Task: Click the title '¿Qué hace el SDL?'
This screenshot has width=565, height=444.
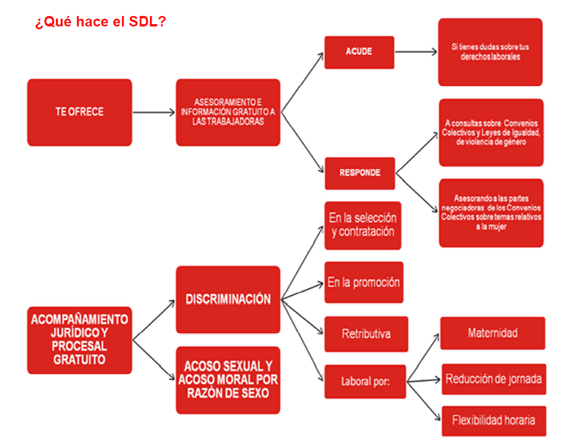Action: point(101,21)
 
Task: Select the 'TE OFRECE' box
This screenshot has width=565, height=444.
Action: point(79,112)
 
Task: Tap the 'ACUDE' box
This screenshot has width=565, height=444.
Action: point(359,52)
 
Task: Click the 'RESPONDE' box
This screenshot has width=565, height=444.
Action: point(360,173)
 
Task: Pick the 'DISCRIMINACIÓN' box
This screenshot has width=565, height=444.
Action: point(228,299)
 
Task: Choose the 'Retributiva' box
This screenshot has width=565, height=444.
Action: point(366,334)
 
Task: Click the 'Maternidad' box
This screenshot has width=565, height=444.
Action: point(492,333)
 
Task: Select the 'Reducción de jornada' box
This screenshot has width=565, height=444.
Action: point(494,379)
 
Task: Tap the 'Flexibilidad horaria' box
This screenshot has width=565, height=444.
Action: point(494,421)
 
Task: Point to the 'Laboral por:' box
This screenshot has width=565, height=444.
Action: point(365,382)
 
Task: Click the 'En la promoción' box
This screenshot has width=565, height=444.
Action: point(364,283)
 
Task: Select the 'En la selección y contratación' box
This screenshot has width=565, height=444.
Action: point(362,225)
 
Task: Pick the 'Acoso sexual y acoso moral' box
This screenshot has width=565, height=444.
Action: point(228,380)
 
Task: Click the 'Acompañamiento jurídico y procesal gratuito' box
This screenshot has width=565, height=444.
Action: point(79,340)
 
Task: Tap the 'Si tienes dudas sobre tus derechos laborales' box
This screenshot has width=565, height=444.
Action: point(490,52)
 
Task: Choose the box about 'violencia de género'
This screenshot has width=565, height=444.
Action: point(491,132)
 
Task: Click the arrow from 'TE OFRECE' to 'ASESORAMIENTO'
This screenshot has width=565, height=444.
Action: point(154,112)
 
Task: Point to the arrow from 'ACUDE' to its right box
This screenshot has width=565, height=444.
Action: point(416,52)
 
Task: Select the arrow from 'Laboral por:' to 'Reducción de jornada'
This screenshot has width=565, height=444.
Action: point(424,381)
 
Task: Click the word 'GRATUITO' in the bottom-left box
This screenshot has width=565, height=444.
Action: point(79,360)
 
